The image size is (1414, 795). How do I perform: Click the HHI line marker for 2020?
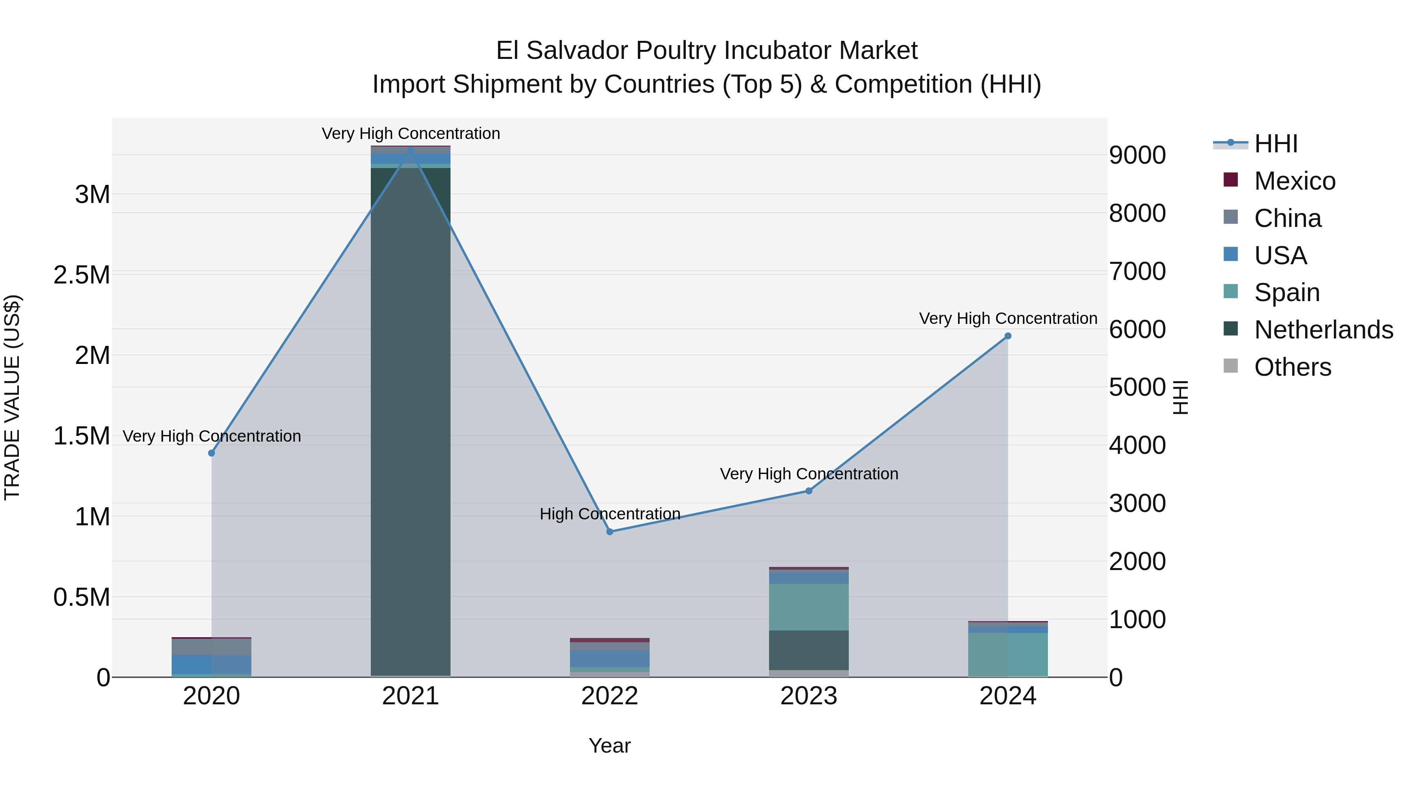[211, 453]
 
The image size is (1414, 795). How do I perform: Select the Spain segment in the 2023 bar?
[809, 607]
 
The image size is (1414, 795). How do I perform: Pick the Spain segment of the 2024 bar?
[1008, 654]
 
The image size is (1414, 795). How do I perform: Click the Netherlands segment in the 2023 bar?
[809, 650]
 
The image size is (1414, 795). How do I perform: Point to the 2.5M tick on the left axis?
[82, 275]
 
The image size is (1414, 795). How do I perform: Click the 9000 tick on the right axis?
[1137, 155]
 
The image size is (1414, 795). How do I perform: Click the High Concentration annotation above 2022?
[610, 514]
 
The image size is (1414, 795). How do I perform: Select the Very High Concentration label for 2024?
[1008, 319]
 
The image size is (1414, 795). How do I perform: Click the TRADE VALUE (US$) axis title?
[12, 397]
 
